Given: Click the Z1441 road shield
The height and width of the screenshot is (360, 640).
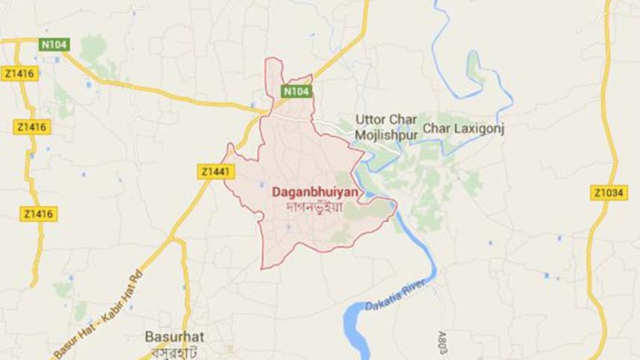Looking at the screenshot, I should pos(217,172).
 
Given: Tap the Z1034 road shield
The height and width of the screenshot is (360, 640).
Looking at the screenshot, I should pos(608,193).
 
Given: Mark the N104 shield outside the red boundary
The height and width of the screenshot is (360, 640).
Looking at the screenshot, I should pos(54,45).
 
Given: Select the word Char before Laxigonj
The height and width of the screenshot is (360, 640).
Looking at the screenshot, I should pos(436,129).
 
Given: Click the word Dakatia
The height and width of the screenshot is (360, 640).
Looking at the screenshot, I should pos(382,302).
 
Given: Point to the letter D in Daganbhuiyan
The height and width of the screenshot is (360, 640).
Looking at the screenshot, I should pos(278,192).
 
